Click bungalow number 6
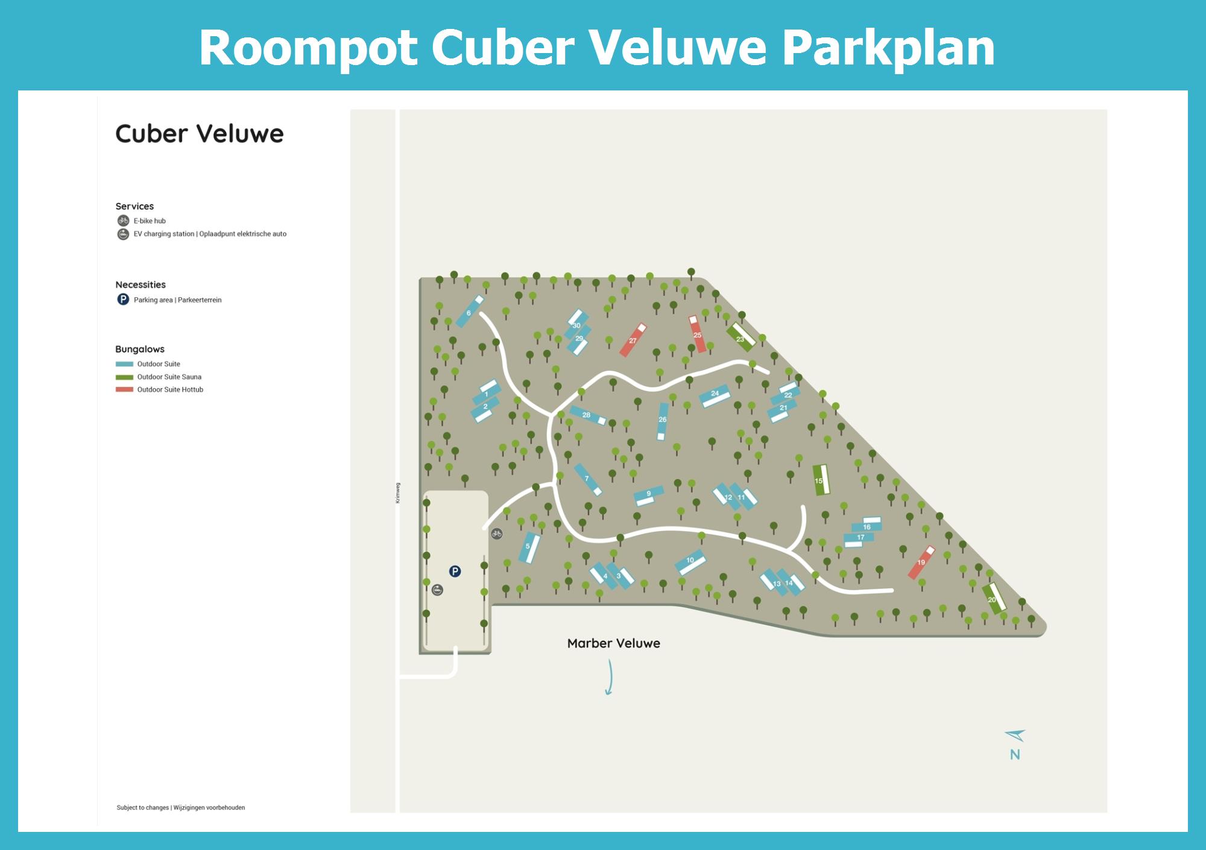point(470,311)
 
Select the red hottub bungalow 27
point(633,340)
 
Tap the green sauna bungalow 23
point(741,337)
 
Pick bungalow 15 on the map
point(821,480)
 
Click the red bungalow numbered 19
point(921,562)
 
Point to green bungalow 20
point(994,599)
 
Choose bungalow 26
point(663,421)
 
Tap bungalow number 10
point(690,562)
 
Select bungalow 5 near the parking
point(529,547)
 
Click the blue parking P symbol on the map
point(455,571)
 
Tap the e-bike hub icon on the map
point(496,534)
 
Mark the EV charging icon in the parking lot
point(438,590)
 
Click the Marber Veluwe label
point(613,643)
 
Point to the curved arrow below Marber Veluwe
point(610,678)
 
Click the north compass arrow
point(1015,735)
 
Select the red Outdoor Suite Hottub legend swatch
point(124,389)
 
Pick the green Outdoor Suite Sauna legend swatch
point(124,377)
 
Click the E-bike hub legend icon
point(123,221)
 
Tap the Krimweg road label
point(397,493)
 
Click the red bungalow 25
point(697,334)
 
